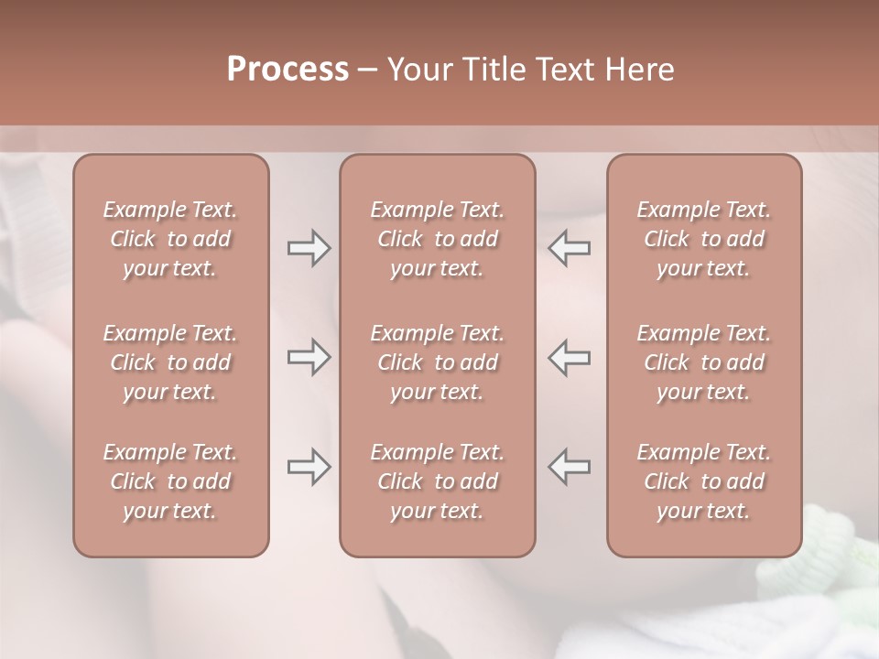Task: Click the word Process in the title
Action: [288, 70]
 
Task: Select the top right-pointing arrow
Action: [309, 248]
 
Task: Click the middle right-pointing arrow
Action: [309, 357]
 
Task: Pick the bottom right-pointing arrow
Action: [309, 467]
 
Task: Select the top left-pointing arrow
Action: [570, 248]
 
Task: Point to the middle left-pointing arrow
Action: [570, 357]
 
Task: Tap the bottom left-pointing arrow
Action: [570, 467]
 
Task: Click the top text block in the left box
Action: [170, 239]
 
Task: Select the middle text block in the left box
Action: [170, 362]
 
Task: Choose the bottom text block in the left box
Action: [170, 481]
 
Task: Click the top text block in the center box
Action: [438, 239]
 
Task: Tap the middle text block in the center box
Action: [438, 362]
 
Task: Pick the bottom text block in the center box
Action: [438, 481]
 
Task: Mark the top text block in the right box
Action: [704, 239]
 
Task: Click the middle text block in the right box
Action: [704, 362]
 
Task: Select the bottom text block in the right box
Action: [704, 481]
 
